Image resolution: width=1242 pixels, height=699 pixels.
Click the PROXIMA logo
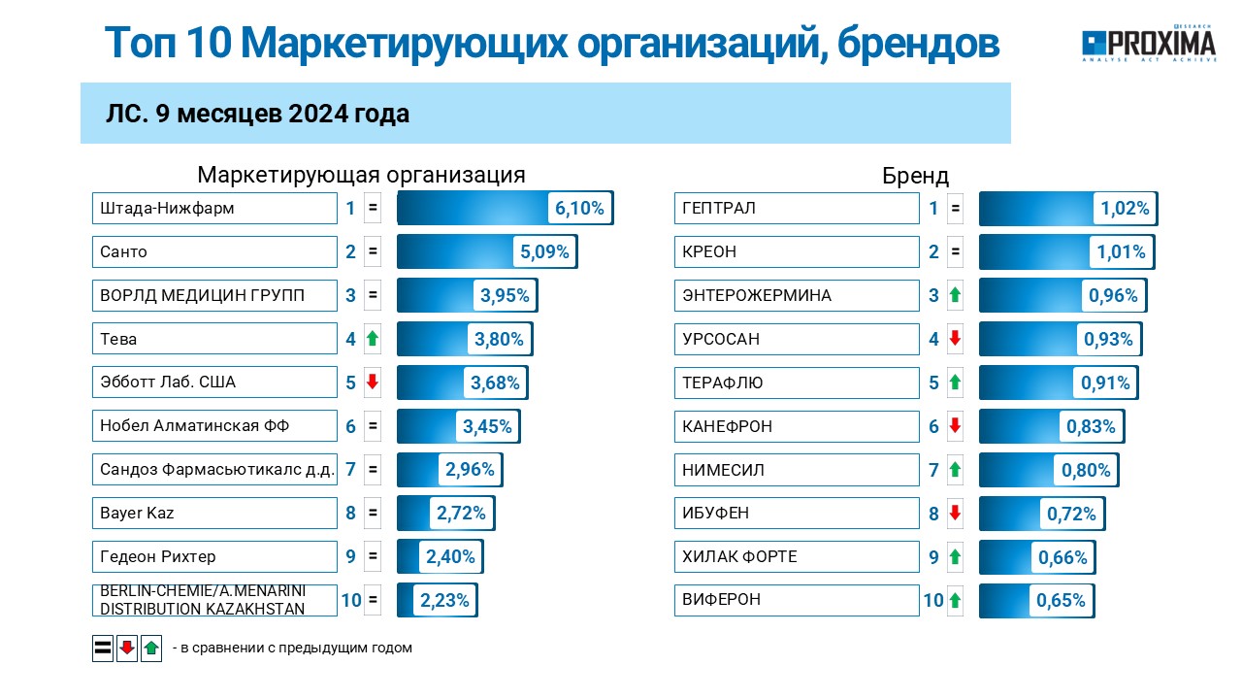click(x=1149, y=44)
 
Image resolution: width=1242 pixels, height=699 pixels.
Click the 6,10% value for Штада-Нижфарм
click(x=579, y=208)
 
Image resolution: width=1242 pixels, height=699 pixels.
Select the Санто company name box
click(x=214, y=251)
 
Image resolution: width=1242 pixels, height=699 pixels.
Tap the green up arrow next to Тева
click(x=373, y=339)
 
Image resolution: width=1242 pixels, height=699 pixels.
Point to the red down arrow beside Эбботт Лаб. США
click(x=373, y=382)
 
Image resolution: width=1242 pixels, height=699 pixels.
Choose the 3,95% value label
click(x=505, y=295)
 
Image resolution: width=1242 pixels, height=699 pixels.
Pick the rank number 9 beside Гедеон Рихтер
click(x=350, y=556)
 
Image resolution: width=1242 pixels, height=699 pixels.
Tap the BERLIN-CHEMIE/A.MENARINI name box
click(x=214, y=600)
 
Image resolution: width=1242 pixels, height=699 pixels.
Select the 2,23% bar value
click(x=444, y=600)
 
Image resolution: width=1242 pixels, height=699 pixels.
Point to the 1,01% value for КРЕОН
click(x=1121, y=251)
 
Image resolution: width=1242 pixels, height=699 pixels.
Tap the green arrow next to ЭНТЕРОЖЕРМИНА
click(x=955, y=294)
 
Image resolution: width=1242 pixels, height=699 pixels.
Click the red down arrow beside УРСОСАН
click(x=955, y=338)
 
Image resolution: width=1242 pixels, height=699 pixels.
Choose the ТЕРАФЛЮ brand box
click(x=797, y=383)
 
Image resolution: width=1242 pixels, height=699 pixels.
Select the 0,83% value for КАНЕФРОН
click(x=1091, y=426)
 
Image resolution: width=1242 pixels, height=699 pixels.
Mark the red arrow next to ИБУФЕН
click(x=955, y=513)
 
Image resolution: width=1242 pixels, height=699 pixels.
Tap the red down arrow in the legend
click(x=127, y=648)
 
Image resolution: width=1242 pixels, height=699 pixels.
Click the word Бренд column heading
click(x=915, y=176)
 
